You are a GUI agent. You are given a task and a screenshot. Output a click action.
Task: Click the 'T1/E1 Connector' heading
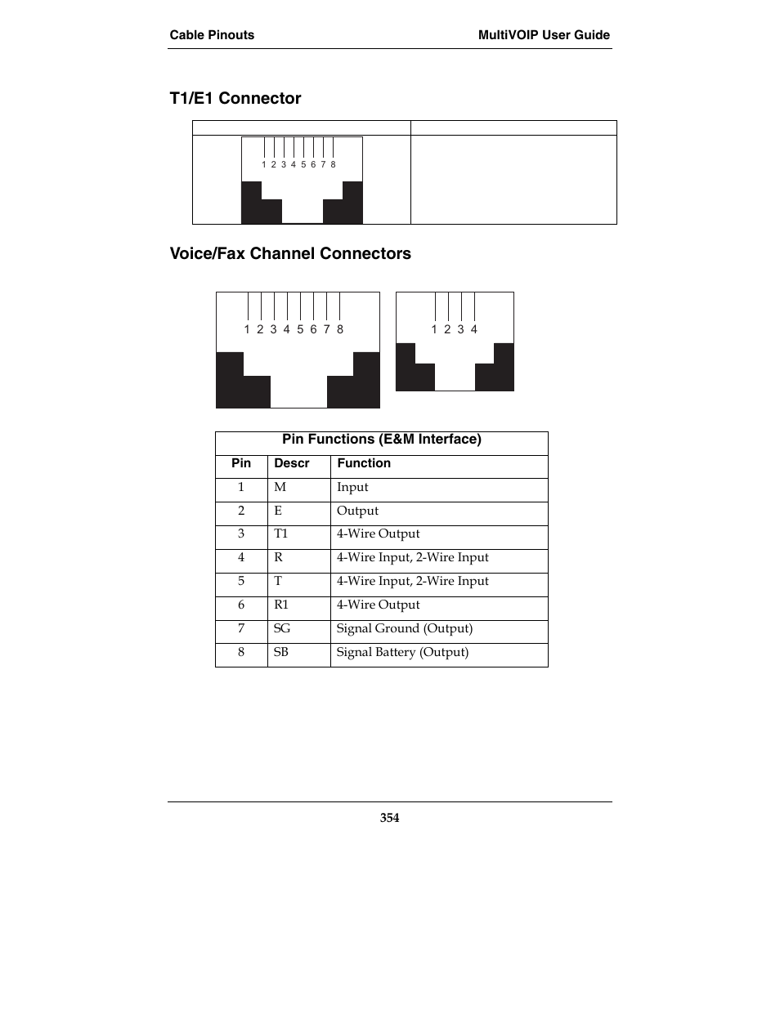pyautogui.click(x=235, y=99)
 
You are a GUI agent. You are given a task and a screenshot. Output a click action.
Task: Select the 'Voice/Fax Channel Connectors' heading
pyautogui.click(x=290, y=254)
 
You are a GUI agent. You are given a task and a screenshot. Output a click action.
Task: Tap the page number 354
pyautogui.click(x=389, y=818)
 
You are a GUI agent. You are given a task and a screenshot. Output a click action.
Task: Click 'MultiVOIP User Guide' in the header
pyautogui.click(x=544, y=35)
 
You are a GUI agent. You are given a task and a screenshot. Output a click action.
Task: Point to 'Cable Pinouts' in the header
pyautogui.click(x=212, y=35)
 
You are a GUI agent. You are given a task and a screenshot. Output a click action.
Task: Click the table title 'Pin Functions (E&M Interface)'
pyautogui.click(x=382, y=440)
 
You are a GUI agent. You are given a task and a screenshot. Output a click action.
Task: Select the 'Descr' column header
pyautogui.click(x=292, y=464)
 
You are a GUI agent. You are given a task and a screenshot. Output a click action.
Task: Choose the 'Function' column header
pyautogui.click(x=364, y=464)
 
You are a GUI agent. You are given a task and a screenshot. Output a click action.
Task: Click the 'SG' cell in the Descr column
pyautogui.click(x=282, y=628)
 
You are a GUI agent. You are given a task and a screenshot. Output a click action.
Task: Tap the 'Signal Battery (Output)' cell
pyautogui.click(x=402, y=652)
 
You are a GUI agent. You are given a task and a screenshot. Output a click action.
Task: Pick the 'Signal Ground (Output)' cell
pyautogui.click(x=405, y=628)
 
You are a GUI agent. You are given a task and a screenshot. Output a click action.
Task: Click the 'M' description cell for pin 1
pyautogui.click(x=280, y=487)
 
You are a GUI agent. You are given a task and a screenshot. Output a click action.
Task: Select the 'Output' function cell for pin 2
pyautogui.click(x=357, y=511)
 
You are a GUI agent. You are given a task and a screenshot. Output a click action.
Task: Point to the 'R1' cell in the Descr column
pyautogui.click(x=281, y=605)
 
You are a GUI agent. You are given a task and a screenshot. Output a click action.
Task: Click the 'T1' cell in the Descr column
pyautogui.click(x=281, y=534)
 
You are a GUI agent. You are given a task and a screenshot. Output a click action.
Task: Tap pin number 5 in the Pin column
pyautogui.click(x=241, y=581)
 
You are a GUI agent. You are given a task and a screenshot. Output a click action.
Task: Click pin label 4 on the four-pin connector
pyautogui.click(x=474, y=329)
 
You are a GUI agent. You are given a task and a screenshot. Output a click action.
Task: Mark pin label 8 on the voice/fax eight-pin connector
pyautogui.click(x=340, y=329)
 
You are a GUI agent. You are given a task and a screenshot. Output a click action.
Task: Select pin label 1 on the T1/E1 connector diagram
pyautogui.click(x=264, y=164)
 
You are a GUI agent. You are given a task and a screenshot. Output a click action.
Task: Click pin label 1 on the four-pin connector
pyautogui.click(x=434, y=329)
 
